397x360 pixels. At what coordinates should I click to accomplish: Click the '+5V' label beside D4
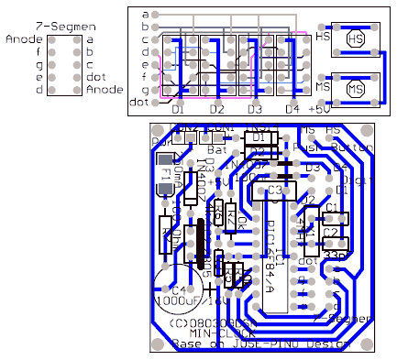click(318, 109)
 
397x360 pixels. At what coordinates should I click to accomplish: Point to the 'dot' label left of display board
click(140, 103)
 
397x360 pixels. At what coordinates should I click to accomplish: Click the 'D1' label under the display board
click(179, 109)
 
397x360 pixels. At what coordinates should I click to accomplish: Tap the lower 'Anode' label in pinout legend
click(105, 90)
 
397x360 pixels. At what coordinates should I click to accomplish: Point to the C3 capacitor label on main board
click(274, 190)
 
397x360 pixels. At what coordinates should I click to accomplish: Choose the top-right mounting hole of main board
click(368, 131)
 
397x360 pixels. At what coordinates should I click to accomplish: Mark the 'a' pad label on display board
click(145, 14)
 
